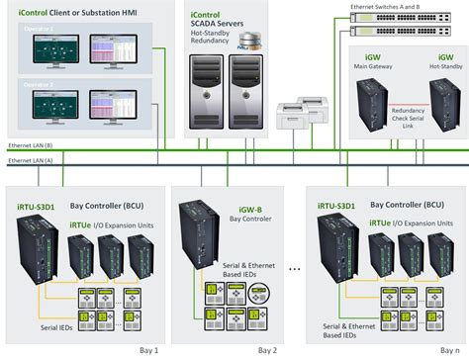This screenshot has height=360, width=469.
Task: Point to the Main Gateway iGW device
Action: (371, 108)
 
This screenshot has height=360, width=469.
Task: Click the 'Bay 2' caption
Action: (267, 351)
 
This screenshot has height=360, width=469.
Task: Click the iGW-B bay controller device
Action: (195, 241)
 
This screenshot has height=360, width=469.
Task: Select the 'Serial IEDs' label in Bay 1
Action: (58, 326)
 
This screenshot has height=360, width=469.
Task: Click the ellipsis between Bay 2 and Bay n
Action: (294, 269)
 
